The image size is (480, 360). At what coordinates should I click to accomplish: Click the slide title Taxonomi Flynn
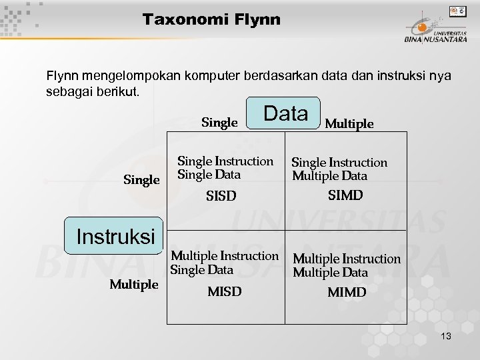pyautogui.click(x=211, y=20)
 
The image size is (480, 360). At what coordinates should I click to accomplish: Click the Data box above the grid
pyautogui.click(x=285, y=113)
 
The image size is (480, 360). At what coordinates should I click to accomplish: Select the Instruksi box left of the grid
pyautogui.click(x=115, y=236)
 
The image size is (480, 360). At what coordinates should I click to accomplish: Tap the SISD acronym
pyautogui.click(x=221, y=197)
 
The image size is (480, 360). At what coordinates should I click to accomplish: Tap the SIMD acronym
pyautogui.click(x=345, y=195)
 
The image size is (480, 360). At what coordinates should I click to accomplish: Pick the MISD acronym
pyautogui.click(x=225, y=291)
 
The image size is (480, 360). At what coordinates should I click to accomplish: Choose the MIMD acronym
pyautogui.click(x=347, y=292)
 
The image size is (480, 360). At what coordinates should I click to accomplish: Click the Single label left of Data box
pyautogui.click(x=219, y=123)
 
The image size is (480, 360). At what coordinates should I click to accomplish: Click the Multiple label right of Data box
pyautogui.click(x=349, y=123)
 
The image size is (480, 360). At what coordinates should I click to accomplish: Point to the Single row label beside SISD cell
pyautogui.click(x=142, y=180)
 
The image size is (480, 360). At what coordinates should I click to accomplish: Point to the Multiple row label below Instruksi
pyautogui.click(x=134, y=285)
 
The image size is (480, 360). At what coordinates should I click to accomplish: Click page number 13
pyautogui.click(x=445, y=337)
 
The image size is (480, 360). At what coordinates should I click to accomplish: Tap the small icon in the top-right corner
pyautogui.click(x=457, y=11)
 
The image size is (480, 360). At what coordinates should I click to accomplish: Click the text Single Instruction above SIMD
pyautogui.click(x=339, y=162)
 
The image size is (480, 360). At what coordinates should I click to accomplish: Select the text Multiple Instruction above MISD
pyautogui.click(x=225, y=256)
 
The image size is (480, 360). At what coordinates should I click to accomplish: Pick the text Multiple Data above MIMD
pyautogui.click(x=330, y=273)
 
